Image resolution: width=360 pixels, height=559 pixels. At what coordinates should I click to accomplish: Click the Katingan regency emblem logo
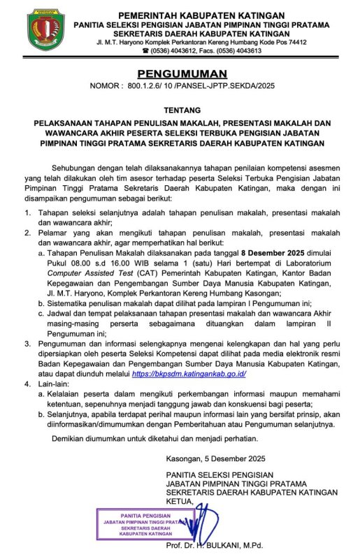point(47,30)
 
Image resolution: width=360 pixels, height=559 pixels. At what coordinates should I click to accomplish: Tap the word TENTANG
point(181,110)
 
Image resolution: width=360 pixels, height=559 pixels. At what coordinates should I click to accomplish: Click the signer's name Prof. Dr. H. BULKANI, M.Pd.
point(219,544)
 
